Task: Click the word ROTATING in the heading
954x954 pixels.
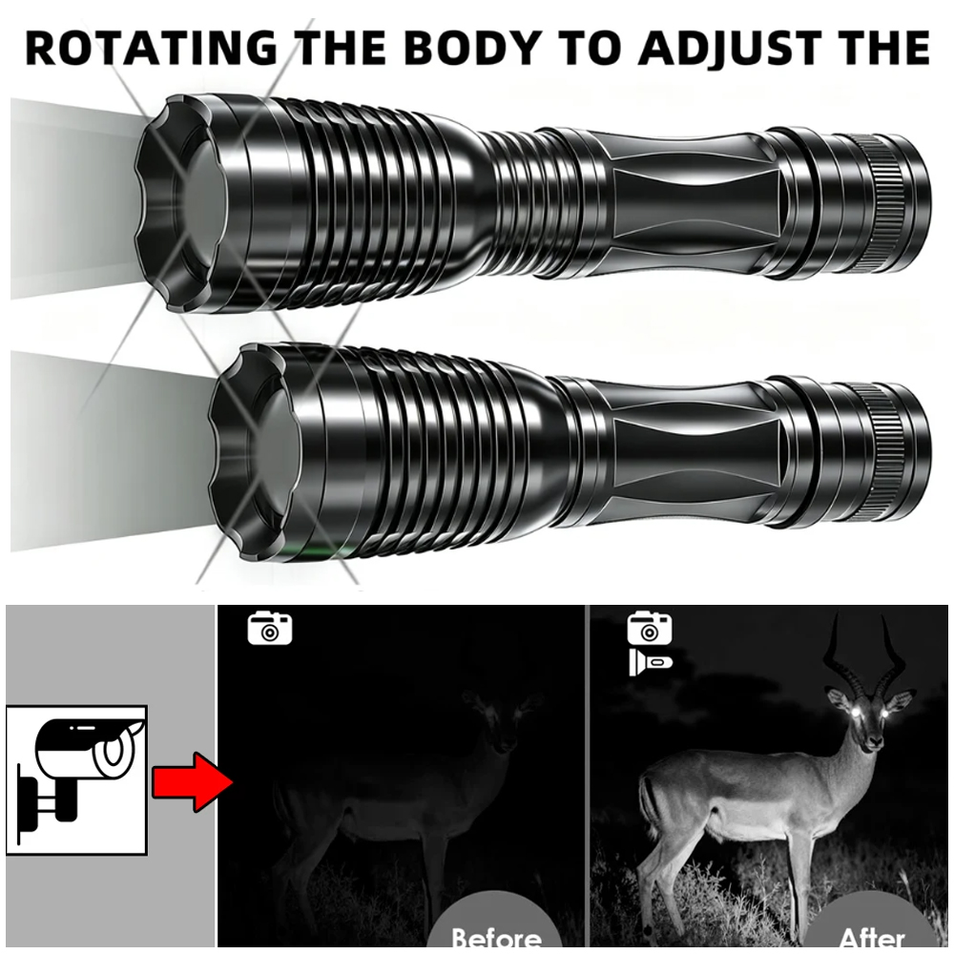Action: click(151, 48)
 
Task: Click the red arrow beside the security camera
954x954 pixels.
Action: click(193, 782)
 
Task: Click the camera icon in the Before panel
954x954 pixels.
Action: click(270, 629)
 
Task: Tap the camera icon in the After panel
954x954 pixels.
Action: click(650, 629)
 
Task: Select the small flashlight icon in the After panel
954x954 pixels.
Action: click(651, 662)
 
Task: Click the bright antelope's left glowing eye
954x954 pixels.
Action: click(857, 711)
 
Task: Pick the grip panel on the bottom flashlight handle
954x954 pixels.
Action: click(695, 453)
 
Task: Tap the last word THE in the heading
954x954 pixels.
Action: click(885, 48)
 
